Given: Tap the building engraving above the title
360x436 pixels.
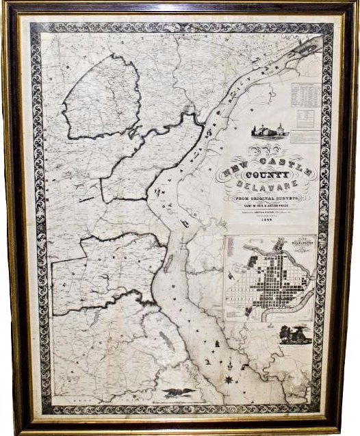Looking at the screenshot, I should point(270,130).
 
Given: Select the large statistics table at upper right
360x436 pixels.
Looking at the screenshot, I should point(304,96).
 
